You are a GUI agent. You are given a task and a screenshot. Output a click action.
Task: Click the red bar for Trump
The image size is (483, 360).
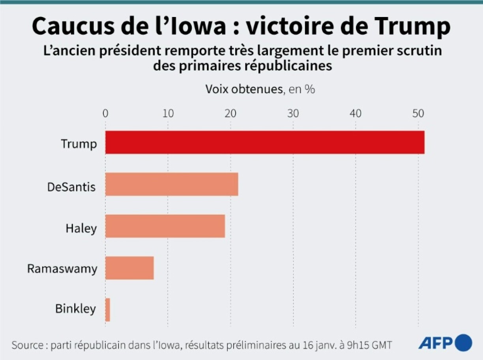(264, 142)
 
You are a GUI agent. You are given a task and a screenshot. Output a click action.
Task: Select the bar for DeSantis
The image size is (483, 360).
(172, 184)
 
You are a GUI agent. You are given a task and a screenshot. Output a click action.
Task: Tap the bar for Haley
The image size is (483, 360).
(165, 226)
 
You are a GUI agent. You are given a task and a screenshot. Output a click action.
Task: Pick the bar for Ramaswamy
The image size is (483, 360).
(129, 268)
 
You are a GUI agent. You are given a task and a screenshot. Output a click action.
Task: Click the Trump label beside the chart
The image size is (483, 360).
(79, 144)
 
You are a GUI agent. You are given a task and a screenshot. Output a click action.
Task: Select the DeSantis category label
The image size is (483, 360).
(71, 186)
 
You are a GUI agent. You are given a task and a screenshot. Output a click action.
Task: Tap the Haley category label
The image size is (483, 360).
(81, 228)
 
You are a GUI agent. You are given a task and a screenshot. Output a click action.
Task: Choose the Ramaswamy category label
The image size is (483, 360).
(62, 269)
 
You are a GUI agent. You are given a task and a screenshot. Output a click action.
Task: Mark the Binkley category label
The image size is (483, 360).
(75, 309)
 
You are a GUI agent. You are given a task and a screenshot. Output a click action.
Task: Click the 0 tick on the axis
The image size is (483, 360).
(105, 113)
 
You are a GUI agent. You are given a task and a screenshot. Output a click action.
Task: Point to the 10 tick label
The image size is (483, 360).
(168, 113)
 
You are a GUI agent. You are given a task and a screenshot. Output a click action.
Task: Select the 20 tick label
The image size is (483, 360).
(230, 113)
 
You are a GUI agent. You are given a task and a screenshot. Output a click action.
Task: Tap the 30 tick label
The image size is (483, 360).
(293, 113)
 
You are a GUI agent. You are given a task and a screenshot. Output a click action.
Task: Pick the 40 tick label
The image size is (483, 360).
(356, 113)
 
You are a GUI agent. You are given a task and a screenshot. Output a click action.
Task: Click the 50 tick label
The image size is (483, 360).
(418, 113)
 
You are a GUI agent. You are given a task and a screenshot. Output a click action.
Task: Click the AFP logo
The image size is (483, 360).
(445, 342)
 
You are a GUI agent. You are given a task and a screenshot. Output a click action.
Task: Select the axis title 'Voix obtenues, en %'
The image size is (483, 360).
(260, 89)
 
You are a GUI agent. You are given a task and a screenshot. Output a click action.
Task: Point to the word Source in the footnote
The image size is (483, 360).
(27, 345)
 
